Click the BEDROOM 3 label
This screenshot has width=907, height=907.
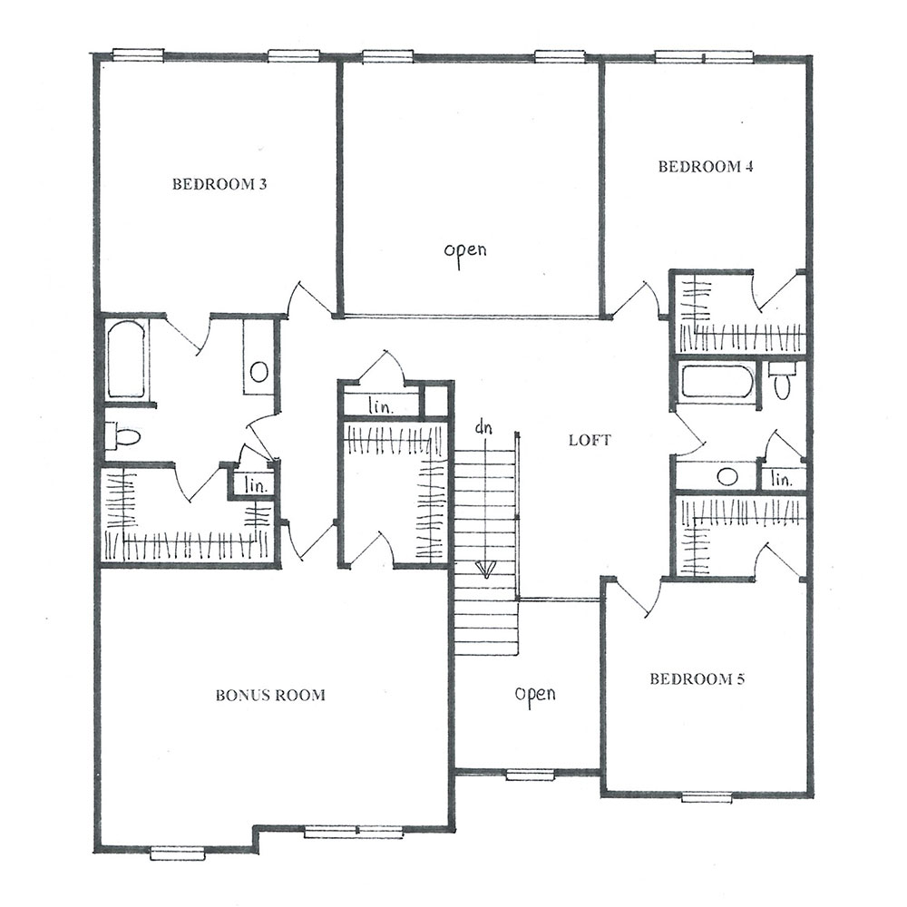(x=219, y=184)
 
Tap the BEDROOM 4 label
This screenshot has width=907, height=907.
(x=706, y=167)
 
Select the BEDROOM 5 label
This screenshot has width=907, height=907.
(x=697, y=678)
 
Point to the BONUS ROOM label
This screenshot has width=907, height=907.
(x=270, y=695)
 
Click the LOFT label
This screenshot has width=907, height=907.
(x=590, y=440)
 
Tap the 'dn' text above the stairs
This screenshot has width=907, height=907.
(x=483, y=427)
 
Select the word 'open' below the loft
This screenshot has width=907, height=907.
(x=535, y=694)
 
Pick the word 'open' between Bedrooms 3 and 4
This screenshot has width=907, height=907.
(x=465, y=251)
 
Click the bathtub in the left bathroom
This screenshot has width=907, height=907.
(x=125, y=360)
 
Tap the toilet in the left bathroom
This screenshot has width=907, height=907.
(x=122, y=435)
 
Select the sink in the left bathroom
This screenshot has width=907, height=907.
(x=259, y=372)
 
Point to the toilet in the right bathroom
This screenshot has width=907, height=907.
(x=782, y=381)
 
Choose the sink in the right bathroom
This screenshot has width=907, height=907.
(x=727, y=477)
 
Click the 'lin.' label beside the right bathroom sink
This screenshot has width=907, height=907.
(x=782, y=479)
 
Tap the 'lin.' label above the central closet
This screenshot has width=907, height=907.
(x=381, y=406)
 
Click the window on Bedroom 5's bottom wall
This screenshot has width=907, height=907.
(x=707, y=797)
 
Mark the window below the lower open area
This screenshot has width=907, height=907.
(x=531, y=775)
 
